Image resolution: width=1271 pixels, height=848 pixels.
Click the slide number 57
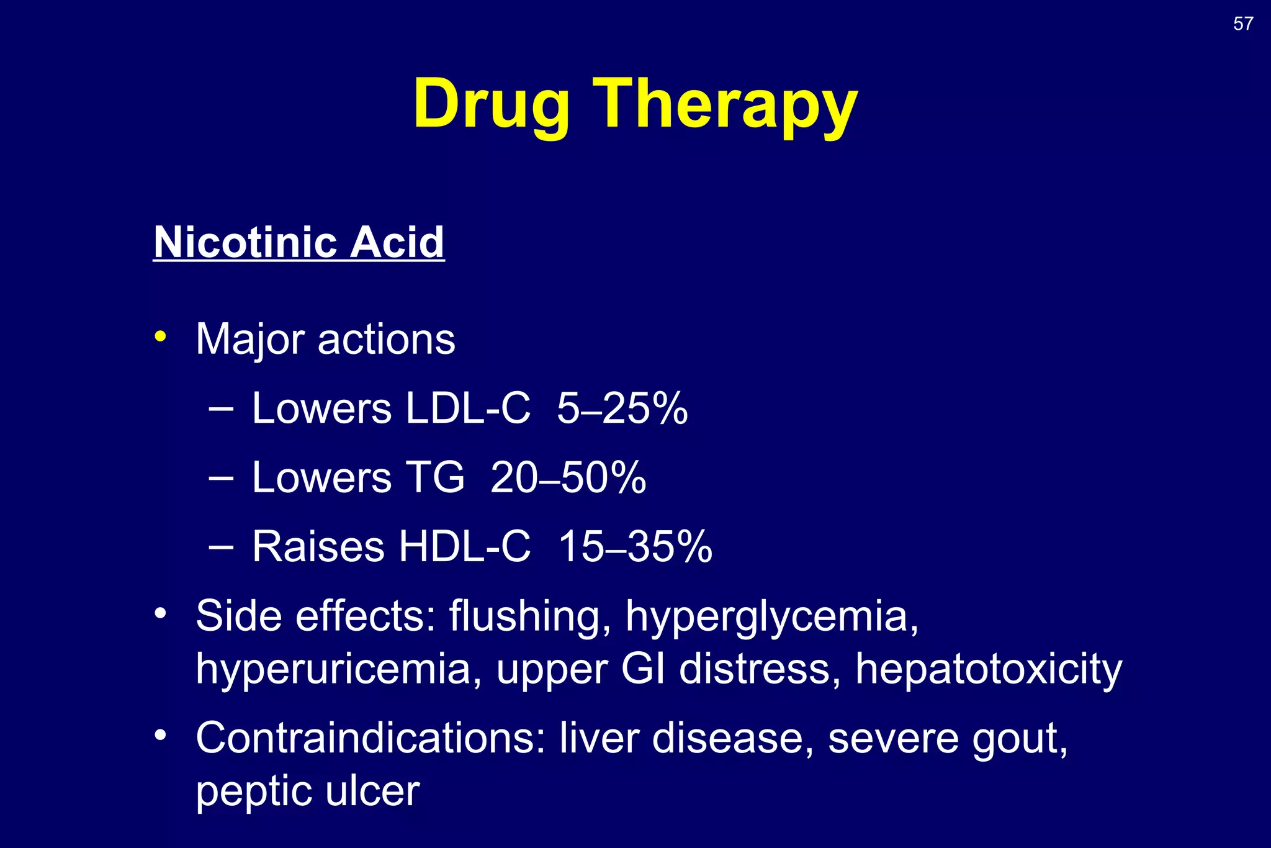pyautogui.click(x=1243, y=24)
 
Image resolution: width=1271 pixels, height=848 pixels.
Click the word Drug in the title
pyautogui.click(x=492, y=104)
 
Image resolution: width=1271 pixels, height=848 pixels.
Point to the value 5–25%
pyautogui.click(x=622, y=408)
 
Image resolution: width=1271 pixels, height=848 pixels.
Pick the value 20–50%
pyautogui.click(x=568, y=477)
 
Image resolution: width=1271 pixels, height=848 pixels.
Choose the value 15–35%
pyautogui.click(x=635, y=547)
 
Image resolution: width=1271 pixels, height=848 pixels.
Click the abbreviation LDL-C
pyautogui.click(x=469, y=408)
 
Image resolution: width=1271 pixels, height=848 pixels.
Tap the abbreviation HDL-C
pyautogui.click(x=465, y=547)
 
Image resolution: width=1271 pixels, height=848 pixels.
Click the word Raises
pyautogui.click(x=318, y=547)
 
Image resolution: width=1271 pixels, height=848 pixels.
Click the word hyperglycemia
pyautogui.click(x=771, y=617)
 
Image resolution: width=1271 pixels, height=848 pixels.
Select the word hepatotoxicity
pyautogui.click(x=989, y=670)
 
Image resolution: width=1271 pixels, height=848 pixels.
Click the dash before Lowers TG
pyautogui.click(x=222, y=478)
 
